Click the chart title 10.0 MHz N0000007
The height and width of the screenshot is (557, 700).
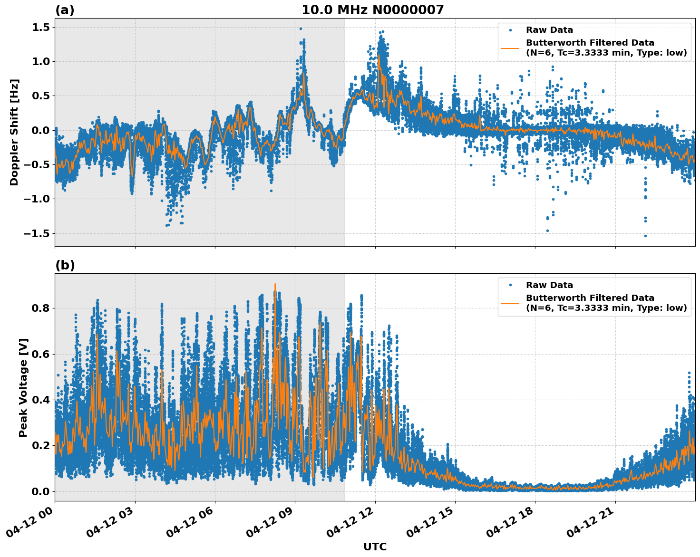coord(372,10)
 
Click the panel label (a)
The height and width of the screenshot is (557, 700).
coord(65,10)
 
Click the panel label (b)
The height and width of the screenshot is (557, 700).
coord(65,265)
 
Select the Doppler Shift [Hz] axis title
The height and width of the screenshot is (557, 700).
coord(15,132)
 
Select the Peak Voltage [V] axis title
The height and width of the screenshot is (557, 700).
coord(23,387)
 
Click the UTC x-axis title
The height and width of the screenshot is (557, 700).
coord(375,547)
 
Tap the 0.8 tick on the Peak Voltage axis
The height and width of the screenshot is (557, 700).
coord(41,308)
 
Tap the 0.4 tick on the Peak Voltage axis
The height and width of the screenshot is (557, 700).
coord(41,400)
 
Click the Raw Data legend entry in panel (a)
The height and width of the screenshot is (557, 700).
coord(549,30)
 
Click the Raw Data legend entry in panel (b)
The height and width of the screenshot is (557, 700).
coord(549,285)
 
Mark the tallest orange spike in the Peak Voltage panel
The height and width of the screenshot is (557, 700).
coord(275,284)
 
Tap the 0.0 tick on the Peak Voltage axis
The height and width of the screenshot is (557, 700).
coord(41,491)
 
